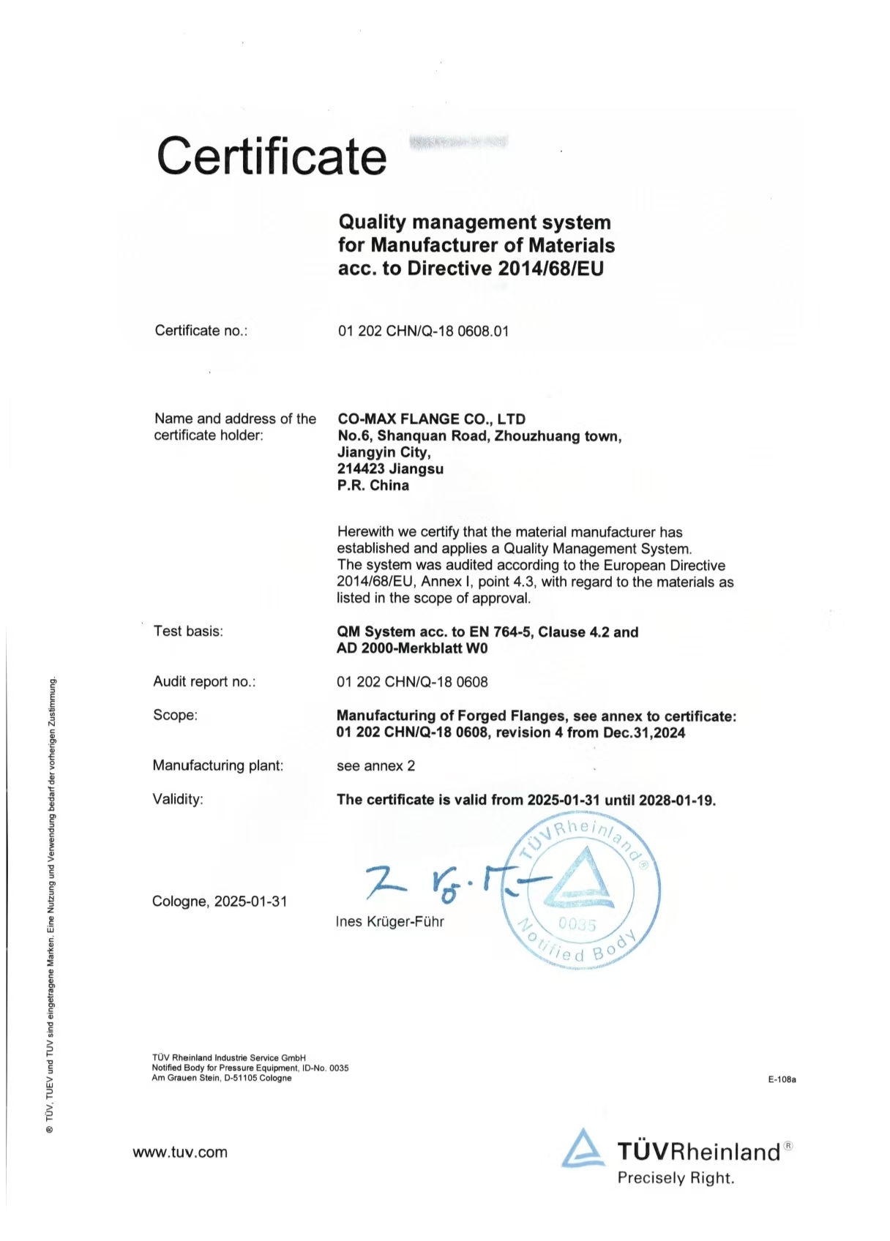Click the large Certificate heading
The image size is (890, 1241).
point(272,156)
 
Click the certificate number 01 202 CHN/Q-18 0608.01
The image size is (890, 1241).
point(423,331)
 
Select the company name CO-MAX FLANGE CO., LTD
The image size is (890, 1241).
point(431,419)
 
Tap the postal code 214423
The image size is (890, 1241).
point(361,469)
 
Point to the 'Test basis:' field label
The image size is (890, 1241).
point(188,631)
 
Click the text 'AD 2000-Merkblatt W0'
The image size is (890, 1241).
point(411,648)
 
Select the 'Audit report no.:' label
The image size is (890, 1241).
point(204,682)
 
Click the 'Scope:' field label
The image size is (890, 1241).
point(175,715)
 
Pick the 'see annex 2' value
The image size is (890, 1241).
point(375,766)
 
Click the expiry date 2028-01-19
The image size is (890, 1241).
point(677,800)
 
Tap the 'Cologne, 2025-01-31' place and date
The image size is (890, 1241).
point(220,901)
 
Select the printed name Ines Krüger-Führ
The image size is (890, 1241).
point(389,922)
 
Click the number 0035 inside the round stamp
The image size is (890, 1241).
point(577,924)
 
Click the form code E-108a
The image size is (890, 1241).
point(782,1079)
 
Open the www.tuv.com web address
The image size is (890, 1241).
point(180,1152)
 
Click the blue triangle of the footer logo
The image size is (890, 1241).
point(583,1149)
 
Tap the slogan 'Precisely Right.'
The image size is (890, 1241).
point(676,1178)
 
